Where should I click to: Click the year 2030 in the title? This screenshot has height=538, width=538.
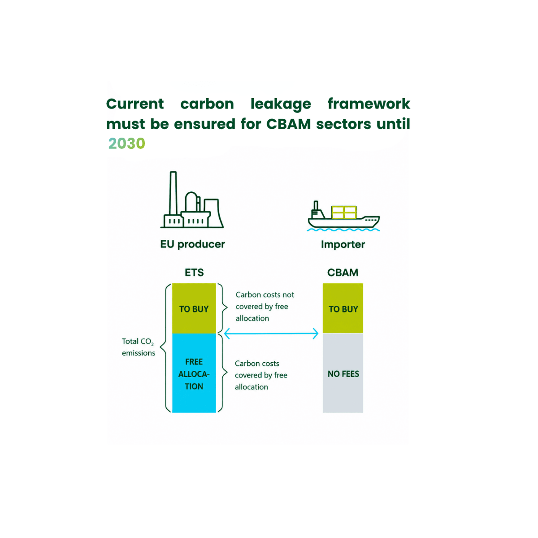pyautogui.click(x=127, y=143)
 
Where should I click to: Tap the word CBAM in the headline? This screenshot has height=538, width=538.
pyautogui.click(x=288, y=124)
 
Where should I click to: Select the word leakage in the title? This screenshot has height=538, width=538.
pyautogui.click(x=281, y=104)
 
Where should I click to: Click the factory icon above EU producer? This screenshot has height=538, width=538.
pyautogui.click(x=192, y=200)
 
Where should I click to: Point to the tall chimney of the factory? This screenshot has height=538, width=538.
pyautogui.click(x=174, y=193)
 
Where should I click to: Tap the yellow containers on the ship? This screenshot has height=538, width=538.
pyautogui.click(x=344, y=212)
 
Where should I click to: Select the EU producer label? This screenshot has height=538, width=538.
pyautogui.click(x=193, y=244)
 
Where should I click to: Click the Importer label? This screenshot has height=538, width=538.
pyautogui.click(x=343, y=245)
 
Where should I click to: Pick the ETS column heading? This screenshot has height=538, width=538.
pyautogui.click(x=194, y=273)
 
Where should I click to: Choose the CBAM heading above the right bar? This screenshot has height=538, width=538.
pyautogui.click(x=343, y=273)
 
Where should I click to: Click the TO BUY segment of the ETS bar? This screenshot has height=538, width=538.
pyautogui.click(x=194, y=308)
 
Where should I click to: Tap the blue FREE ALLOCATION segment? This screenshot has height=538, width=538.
pyautogui.click(x=194, y=373)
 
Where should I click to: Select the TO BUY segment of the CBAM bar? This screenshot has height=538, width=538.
pyautogui.click(x=343, y=308)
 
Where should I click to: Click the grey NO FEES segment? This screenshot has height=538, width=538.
pyautogui.click(x=343, y=373)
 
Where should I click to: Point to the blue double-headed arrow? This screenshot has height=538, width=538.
pyautogui.click(x=271, y=334)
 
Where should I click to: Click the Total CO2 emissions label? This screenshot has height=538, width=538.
pyautogui.click(x=139, y=347)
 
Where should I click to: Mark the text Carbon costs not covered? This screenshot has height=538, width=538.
pyautogui.click(x=265, y=301)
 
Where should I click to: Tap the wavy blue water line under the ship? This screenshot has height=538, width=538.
pyautogui.click(x=343, y=230)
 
